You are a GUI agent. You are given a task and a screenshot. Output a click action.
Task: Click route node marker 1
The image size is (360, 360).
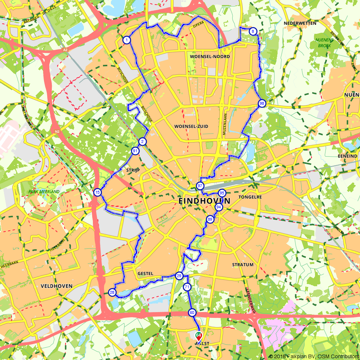click(x=126, y=40)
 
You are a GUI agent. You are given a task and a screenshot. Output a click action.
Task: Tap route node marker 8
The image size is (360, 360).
click(x=253, y=32)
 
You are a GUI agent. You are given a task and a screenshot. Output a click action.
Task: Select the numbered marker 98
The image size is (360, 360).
click(x=262, y=104)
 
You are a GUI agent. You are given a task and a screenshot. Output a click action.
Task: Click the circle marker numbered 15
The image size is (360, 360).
click(x=98, y=192)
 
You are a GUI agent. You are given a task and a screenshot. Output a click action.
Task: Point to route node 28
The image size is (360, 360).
click(x=112, y=292)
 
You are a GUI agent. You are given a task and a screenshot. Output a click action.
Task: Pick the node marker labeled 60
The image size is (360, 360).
click(x=192, y=313)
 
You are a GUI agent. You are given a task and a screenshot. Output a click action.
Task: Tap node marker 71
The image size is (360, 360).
click(x=187, y=287)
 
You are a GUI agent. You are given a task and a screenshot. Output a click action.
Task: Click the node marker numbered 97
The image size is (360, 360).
click(x=200, y=186)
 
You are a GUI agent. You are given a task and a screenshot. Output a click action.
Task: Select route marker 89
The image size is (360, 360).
click(x=210, y=219)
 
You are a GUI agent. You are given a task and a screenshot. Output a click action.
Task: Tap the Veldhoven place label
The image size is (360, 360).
click(x=57, y=286)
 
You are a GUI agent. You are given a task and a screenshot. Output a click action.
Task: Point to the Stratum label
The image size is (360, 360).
click(x=243, y=265)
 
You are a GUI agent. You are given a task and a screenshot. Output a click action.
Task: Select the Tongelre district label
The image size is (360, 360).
click(x=250, y=197)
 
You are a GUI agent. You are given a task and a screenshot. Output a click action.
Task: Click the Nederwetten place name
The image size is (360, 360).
click(x=300, y=23)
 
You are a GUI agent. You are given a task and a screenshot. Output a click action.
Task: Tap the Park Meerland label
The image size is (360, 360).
click(x=44, y=192)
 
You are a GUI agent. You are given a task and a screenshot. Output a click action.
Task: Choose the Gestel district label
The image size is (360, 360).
click(x=145, y=274)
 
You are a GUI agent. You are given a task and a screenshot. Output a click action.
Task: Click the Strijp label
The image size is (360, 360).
click(x=133, y=170)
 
